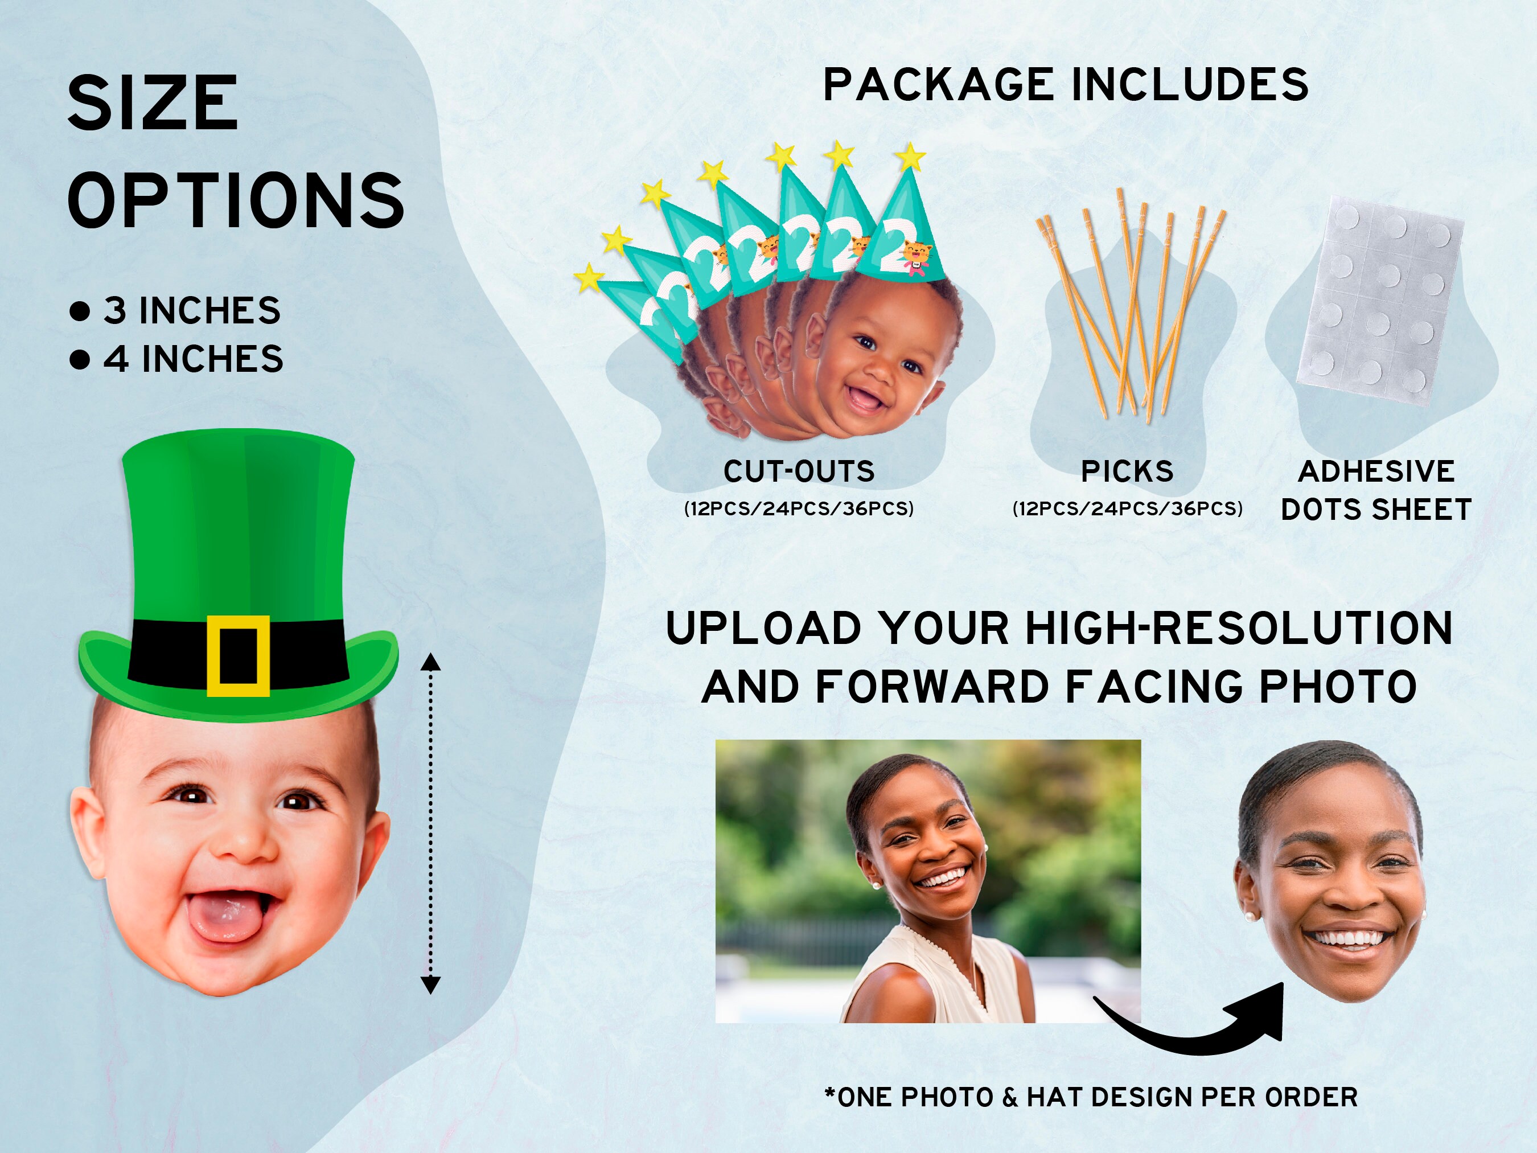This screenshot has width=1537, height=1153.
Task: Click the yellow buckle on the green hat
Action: [237, 655]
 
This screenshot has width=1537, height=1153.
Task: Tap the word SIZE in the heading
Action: [153, 104]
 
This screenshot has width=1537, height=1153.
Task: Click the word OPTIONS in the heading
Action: [236, 200]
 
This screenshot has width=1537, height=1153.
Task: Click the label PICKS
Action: [1127, 471]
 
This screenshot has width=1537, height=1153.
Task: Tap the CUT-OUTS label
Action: [799, 471]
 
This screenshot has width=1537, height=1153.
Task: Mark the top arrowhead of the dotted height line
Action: [431, 662]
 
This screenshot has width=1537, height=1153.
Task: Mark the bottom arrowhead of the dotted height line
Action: [431, 985]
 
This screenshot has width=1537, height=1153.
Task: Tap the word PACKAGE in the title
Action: [939, 85]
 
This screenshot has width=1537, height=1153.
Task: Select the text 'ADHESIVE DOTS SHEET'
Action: [1376, 490]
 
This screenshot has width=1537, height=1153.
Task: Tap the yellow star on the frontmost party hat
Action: [911, 157]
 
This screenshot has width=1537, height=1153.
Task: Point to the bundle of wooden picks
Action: [1131, 306]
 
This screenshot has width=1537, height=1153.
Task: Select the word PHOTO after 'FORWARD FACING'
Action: [1338, 687]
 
